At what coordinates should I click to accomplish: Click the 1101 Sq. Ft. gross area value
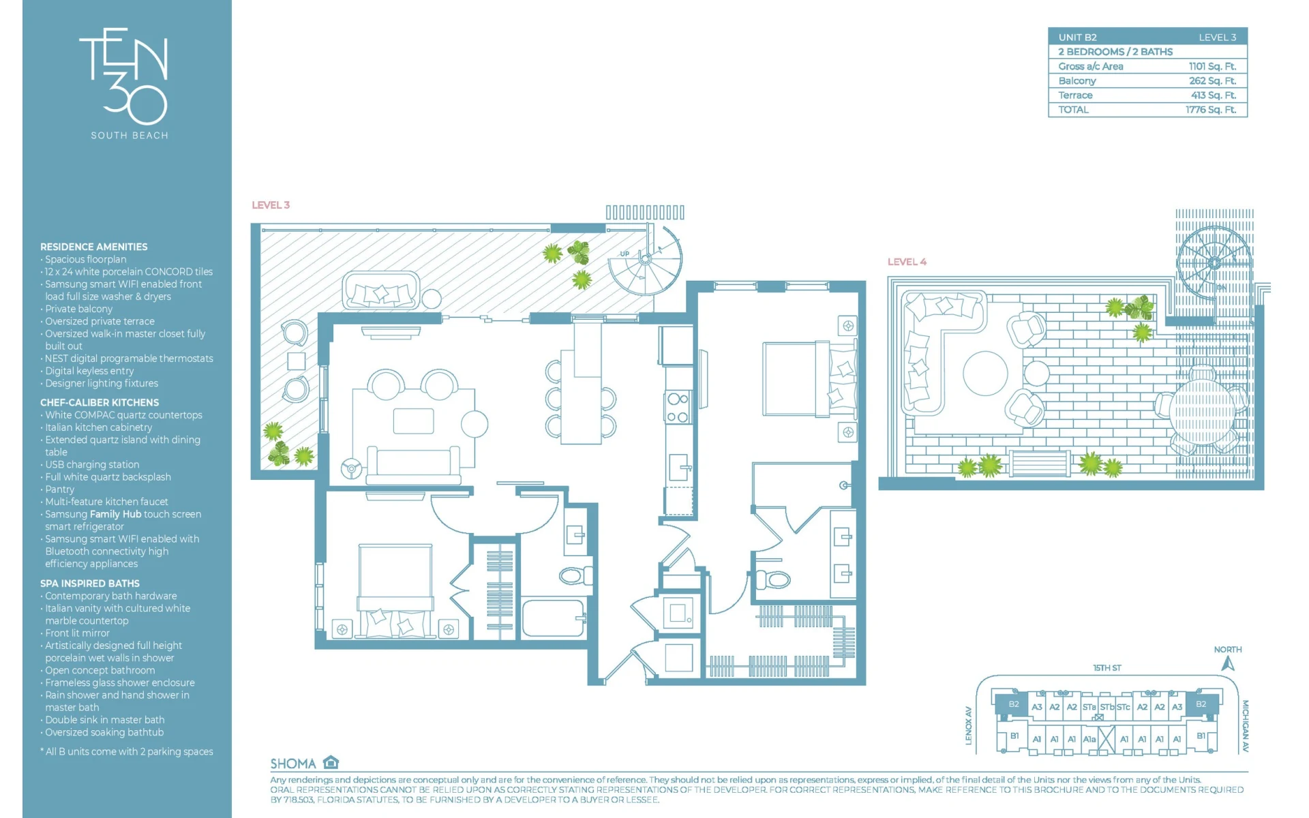coord(1212,66)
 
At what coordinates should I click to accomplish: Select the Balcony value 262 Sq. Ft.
coord(1212,80)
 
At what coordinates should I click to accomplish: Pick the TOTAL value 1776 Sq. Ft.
coord(1211,110)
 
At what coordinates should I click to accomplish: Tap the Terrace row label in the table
coord(1075,95)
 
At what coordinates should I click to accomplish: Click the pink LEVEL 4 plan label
coord(907,262)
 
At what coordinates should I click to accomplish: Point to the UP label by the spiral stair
coord(625,254)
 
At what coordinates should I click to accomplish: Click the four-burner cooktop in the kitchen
coord(678,408)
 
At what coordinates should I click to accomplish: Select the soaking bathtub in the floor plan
coord(553,618)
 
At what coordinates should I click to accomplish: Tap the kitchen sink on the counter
coord(679,468)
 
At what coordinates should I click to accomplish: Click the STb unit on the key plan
coord(1107,707)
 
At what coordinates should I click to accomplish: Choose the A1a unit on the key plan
coord(1089,739)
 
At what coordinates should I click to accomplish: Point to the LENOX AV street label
coord(968,725)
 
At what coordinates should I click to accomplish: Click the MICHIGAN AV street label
coord(1245,726)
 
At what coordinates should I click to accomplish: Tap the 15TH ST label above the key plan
coord(1107,668)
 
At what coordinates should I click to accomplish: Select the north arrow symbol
coord(1228,663)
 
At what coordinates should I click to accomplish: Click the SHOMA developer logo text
coord(293,764)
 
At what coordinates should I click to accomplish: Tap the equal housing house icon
coord(331,762)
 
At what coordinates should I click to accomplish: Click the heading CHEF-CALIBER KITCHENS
coord(100,403)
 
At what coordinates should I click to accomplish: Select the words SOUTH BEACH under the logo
coord(130,136)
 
